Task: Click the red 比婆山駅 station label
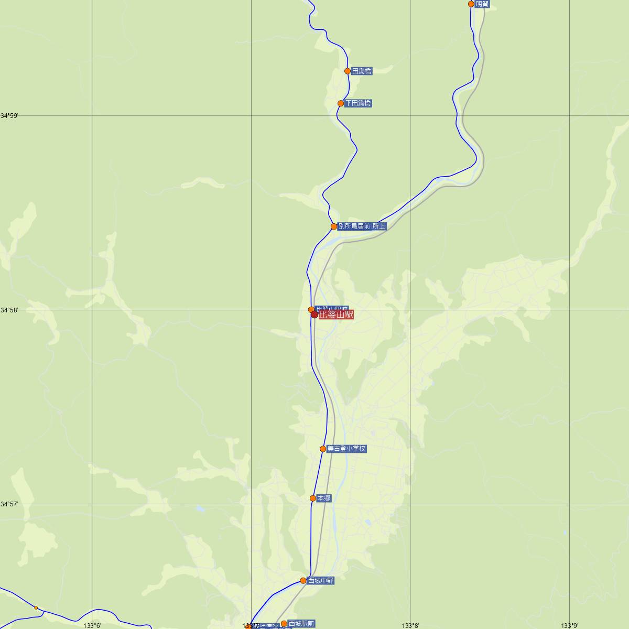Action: [x=336, y=315]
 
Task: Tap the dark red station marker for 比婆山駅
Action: [x=314, y=314]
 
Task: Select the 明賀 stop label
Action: [x=482, y=4]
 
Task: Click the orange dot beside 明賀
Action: [x=471, y=4]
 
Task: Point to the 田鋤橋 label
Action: [x=362, y=71]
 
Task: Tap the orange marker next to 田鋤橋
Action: [x=348, y=71]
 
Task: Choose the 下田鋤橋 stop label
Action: [x=358, y=103]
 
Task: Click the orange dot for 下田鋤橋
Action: [x=341, y=103]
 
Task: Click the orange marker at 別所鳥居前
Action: [x=334, y=226]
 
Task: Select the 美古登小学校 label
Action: [x=346, y=449]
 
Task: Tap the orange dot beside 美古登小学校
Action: [x=323, y=449]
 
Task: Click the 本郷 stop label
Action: [x=324, y=498]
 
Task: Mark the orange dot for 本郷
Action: [x=313, y=498]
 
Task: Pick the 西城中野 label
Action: [x=321, y=581]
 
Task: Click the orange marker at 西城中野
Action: [x=303, y=580]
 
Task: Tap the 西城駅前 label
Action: [x=301, y=624]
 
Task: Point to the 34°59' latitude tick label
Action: [x=9, y=115]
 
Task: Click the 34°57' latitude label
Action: [x=9, y=504]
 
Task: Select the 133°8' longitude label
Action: [x=410, y=625]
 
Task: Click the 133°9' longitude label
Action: [x=569, y=625]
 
